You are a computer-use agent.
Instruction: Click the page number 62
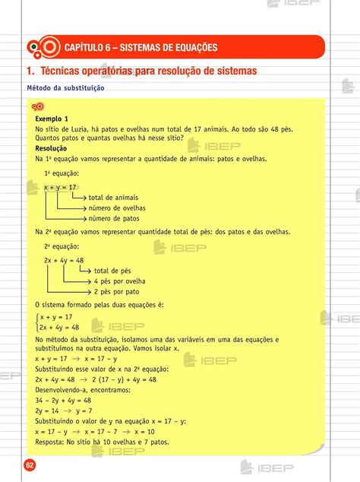pyautogui.click(x=30, y=465)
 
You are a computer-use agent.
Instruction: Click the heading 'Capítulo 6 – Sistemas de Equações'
pyautogui.click(x=141, y=48)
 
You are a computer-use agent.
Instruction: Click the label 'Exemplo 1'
pyautogui.click(x=52, y=119)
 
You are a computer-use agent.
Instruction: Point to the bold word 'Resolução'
pyautogui.click(x=51, y=149)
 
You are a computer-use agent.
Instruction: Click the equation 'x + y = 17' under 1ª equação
pyautogui.click(x=60, y=187)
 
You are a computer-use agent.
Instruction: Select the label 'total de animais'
pyautogui.click(x=113, y=198)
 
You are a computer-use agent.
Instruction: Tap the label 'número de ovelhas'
pyautogui.click(x=117, y=208)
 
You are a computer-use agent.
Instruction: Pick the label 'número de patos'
pyautogui.click(x=114, y=218)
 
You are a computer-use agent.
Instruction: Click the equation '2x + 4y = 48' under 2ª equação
pyautogui.click(x=64, y=260)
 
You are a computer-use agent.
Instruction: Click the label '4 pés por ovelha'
pyautogui.click(x=119, y=281)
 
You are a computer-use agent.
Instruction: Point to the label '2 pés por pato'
pyautogui.click(x=116, y=291)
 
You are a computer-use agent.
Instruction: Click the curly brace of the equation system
pyautogui.click(x=37, y=322)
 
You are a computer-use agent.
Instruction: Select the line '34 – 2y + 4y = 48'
pyautogui.click(x=63, y=400)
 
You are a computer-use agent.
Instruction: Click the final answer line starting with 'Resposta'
pyautogui.click(x=102, y=442)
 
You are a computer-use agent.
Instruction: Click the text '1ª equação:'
pyautogui.click(x=62, y=173)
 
